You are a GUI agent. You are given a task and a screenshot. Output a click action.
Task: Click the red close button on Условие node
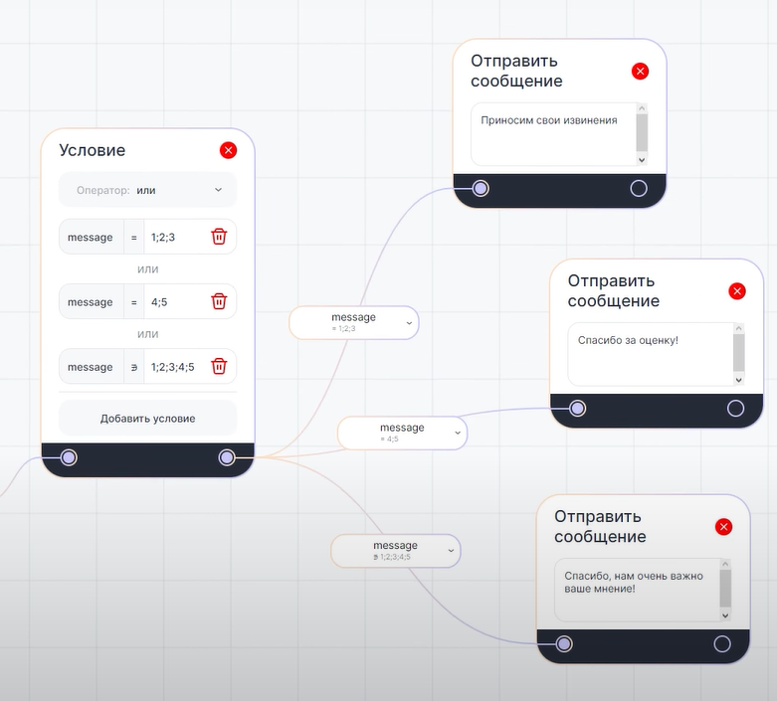[228, 150]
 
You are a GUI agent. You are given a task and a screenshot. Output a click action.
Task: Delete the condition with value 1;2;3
[219, 237]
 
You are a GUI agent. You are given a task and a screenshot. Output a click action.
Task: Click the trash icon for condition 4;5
[219, 301]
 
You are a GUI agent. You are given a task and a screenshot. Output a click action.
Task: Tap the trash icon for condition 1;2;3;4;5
[219, 366]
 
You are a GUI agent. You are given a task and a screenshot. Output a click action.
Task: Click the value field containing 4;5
[173, 302]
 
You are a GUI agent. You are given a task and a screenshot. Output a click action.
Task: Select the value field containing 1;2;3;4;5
[173, 367]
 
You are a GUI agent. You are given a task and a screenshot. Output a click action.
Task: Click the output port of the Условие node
[227, 457]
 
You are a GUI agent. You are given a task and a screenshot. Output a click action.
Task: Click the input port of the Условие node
[69, 457]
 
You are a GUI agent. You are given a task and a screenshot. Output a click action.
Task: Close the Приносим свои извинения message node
[640, 71]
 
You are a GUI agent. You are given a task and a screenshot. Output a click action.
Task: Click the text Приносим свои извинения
[548, 120]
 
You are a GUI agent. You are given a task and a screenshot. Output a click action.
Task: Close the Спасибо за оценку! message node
[737, 290]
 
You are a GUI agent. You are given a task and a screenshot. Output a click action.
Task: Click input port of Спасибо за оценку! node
[577, 408]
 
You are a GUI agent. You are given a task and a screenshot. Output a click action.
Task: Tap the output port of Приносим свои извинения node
[639, 188]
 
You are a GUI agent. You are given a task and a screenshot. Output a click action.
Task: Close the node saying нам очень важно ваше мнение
[723, 526]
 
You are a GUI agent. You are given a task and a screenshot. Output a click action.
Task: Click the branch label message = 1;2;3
[353, 322]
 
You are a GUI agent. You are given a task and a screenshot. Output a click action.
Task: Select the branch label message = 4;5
[402, 433]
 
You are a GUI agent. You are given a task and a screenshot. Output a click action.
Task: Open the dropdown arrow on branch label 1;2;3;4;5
[451, 550]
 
